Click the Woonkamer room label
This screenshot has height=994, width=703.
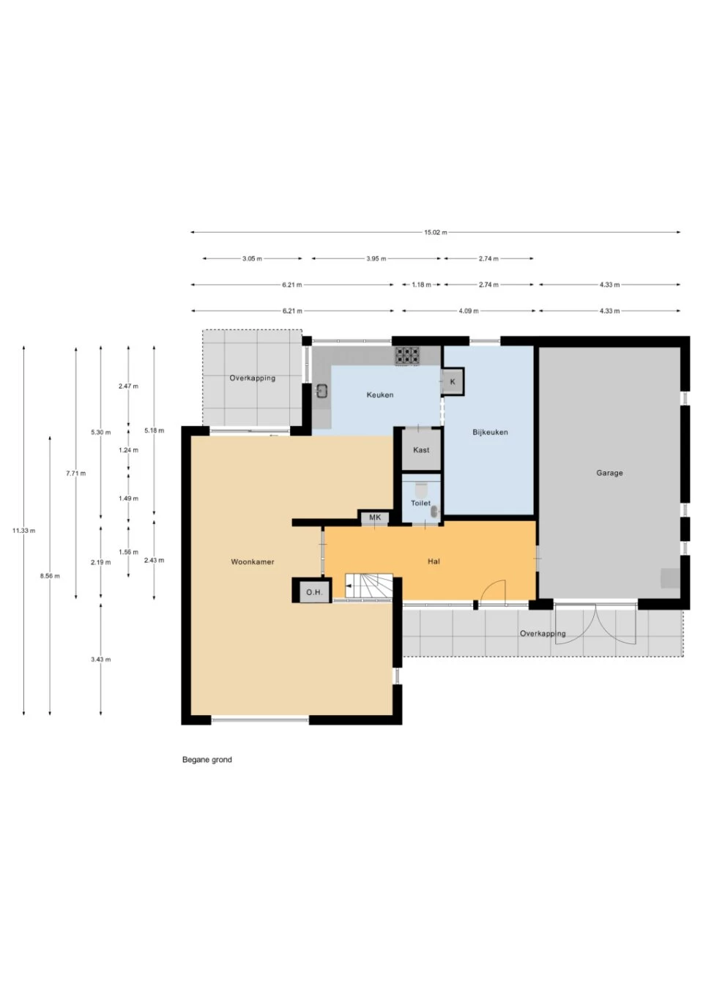252,562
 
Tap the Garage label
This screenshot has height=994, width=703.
609,473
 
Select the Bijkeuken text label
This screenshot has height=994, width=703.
490,432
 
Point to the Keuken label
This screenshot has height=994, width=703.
380,395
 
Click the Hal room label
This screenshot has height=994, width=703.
434,561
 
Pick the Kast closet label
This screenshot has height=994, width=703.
421,450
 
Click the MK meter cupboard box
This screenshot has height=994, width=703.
375,517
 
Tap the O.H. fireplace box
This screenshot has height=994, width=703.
313,591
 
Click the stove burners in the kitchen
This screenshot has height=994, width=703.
408,356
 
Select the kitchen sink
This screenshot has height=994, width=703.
321,391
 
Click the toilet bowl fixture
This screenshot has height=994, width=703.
421,489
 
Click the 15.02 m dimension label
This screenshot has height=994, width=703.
435,232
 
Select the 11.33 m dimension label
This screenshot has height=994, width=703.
23,531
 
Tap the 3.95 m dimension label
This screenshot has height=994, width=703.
376,258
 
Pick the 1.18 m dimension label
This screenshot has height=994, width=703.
421,285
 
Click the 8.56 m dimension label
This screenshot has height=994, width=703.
50,576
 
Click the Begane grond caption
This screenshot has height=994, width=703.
207,760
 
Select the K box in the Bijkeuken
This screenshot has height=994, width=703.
453,382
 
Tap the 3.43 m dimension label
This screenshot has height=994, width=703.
100,659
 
